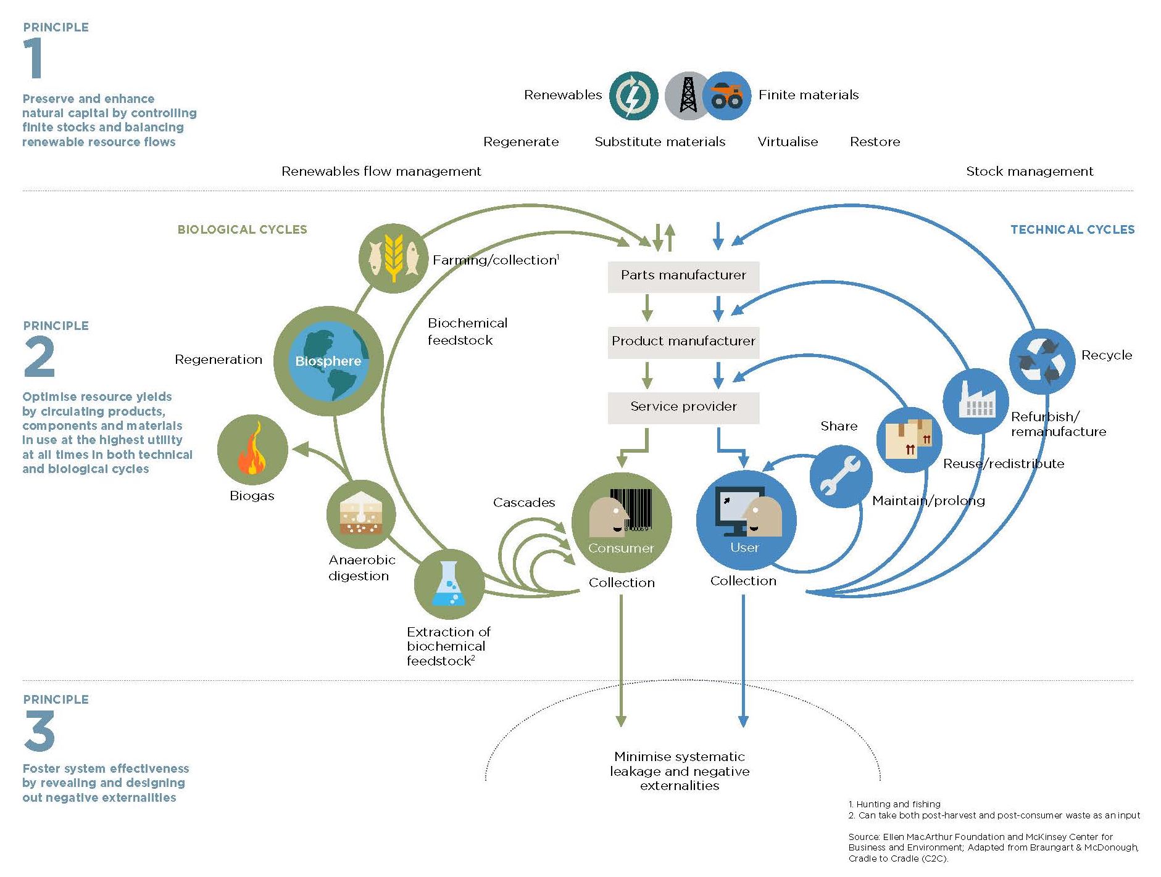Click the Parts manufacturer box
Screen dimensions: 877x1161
pos(683,276)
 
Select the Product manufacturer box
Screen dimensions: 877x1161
pos(683,342)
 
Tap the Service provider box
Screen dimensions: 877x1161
pos(683,407)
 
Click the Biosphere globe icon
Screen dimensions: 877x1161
pos(328,361)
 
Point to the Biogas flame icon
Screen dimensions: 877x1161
pos(252,450)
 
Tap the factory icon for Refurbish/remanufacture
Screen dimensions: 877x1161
pos(975,401)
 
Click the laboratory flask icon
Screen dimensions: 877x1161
pos(449,583)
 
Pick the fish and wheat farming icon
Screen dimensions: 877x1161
pos(393,257)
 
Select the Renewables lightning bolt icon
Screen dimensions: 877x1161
pos(633,96)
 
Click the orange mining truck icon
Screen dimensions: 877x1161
pos(726,96)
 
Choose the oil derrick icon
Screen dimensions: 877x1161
pos(688,96)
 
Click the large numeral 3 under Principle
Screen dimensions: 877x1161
pos(40,731)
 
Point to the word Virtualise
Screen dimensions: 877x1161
pos(788,142)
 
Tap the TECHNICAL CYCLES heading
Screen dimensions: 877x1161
pos(1072,229)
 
